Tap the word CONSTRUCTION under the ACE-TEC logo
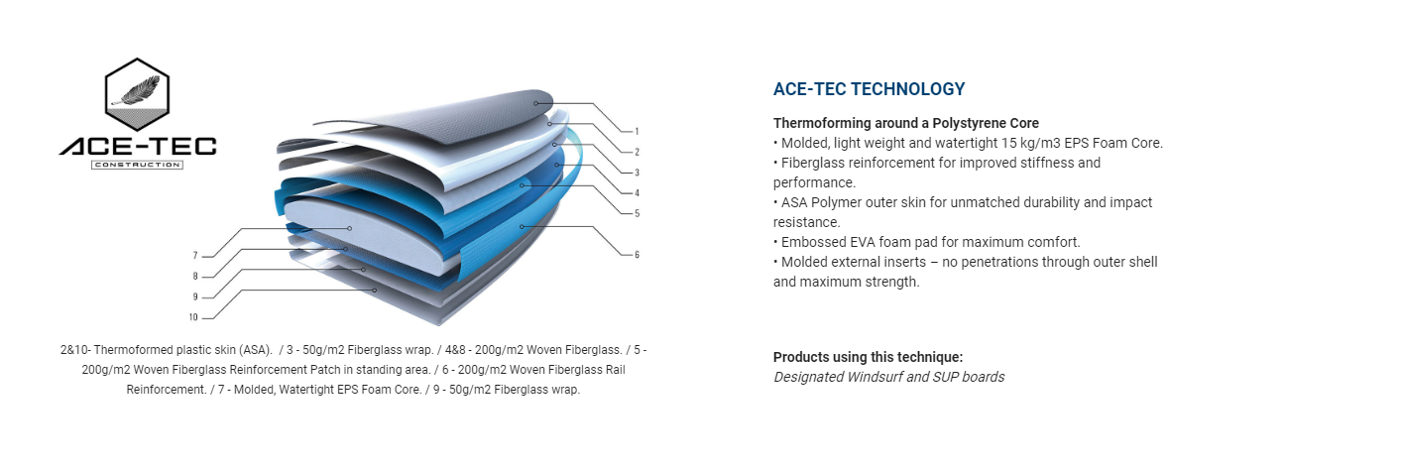point(137,166)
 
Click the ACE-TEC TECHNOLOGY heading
point(869,89)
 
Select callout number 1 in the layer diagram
point(637,132)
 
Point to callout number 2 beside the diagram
point(637,152)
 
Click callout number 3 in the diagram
point(637,173)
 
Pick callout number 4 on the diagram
point(637,193)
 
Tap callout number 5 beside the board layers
point(637,213)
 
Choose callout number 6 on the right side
point(637,255)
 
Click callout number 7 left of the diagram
point(195,256)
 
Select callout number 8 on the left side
point(195,276)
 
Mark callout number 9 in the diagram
point(195,296)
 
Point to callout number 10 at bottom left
point(193,317)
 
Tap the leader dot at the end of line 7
point(349,228)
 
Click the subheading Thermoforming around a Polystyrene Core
point(905,123)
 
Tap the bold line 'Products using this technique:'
point(869,357)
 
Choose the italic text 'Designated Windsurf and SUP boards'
point(888,378)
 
